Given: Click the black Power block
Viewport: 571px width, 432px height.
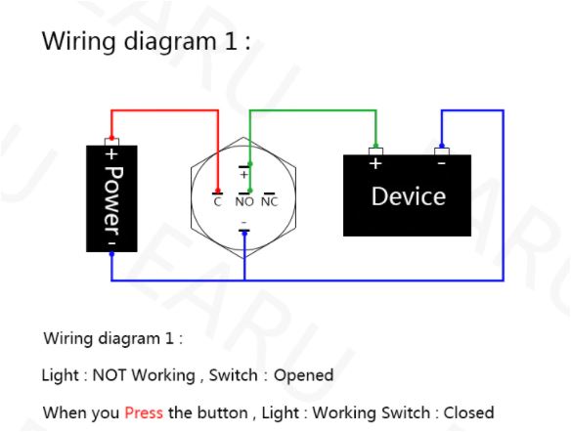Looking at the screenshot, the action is [111, 198].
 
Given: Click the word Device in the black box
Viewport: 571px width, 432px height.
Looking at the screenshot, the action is [409, 196].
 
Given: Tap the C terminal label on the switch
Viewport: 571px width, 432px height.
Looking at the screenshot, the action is [217, 202].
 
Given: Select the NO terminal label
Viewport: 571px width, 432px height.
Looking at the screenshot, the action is [244, 202].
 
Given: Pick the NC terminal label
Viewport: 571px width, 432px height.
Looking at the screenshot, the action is [270, 202].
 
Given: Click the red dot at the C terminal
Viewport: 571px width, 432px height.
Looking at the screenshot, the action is [218, 191].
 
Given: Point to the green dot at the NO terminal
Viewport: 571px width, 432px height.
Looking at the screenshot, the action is [250, 191].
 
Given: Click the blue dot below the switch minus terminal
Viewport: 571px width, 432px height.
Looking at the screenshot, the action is [244, 234].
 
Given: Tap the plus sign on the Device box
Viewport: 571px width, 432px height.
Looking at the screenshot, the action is [375, 164].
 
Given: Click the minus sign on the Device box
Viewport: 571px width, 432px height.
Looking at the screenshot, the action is [441, 164].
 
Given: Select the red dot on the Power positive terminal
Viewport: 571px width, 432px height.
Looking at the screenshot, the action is [111, 138].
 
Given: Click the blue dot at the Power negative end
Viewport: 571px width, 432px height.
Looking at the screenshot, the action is [111, 254].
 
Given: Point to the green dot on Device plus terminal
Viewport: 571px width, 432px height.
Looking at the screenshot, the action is [375, 146].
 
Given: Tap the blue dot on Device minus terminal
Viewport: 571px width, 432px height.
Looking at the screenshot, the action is [442, 146].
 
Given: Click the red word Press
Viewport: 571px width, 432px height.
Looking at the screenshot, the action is [144, 412].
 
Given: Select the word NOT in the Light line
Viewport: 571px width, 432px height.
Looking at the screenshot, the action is [109, 375].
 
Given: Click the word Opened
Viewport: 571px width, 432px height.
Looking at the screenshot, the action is [304, 375].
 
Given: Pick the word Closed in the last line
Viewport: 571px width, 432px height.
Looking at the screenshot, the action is [468, 412].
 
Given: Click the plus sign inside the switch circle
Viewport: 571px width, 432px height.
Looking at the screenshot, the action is [244, 175].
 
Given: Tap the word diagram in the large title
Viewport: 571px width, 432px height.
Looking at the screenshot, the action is [170, 41].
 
